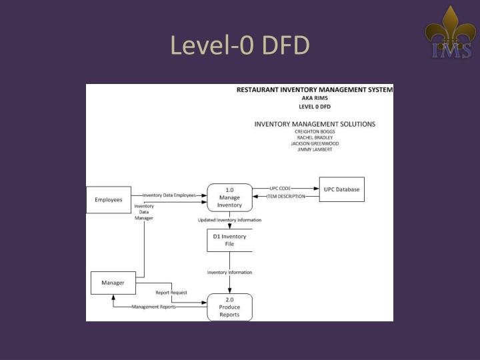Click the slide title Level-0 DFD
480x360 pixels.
pyautogui.click(x=240, y=45)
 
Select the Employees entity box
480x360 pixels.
pyautogui.click(x=109, y=200)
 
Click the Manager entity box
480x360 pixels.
pyautogui.click(x=113, y=283)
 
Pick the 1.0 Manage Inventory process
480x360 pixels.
pyautogui.click(x=230, y=197)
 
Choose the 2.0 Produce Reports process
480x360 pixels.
pyautogui.click(x=230, y=307)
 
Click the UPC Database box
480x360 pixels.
pyautogui.click(x=341, y=190)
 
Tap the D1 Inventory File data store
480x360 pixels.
pyautogui.click(x=229, y=240)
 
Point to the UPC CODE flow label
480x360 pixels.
pyautogui.click(x=281, y=189)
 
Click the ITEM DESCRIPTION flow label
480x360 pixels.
pyautogui.click(x=286, y=197)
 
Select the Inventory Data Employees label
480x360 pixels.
pyautogui.click(x=169, y=195)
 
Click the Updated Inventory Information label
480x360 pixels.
pyautogui.click(x=229, y=220)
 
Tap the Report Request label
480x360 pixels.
pyautogui.click(x=171, y=293)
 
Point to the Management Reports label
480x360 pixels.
pyautogui.click(x=154, y=307)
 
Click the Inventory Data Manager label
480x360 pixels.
pyautogui.click(x=144, y=212)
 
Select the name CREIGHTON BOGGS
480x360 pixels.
pyautogui.click(x=315, y=132)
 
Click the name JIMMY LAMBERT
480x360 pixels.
pyautogui.click(x=315, y=149)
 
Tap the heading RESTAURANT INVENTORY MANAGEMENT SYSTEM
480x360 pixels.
pyautogui.click(x=315, y=89)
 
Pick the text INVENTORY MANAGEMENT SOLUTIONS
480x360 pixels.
pyautogui.click(x=315, y=124)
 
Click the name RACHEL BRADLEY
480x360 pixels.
pyautogui.click(x=315, y=138)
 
